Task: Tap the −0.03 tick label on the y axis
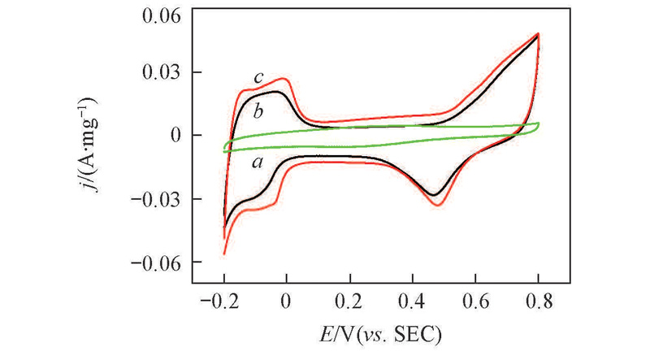(x=159, y=199)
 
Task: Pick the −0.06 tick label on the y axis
(x=159, y=262)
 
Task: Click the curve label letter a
(x=258, y=163)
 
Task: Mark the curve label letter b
(x=258, y=111)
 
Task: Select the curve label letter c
(x=258, y=78)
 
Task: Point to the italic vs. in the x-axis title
(x=379, y=334)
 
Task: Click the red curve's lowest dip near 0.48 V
(x=437, y=205)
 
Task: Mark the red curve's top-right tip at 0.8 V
(x=538, y=34)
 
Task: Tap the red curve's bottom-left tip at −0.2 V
(x=224, y=254)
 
